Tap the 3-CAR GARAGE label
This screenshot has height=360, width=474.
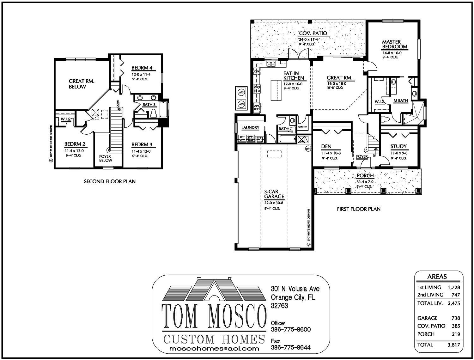click(274, 194)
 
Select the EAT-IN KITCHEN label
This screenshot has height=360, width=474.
click(294, 75)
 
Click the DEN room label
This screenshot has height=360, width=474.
click(326, 146)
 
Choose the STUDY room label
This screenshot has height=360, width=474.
click(398, 146)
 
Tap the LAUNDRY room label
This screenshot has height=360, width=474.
click(250, 128)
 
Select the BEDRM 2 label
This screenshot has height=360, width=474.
click(75, 144)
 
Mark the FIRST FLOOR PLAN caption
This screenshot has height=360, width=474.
click(359, 209)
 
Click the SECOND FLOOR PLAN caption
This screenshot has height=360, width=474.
click(110, 181)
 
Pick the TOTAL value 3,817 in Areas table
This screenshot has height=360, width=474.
click(453, 345)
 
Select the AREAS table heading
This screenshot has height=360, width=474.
click(437, 277)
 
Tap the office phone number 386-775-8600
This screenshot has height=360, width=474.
click(291, 329)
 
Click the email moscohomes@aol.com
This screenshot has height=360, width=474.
click(215, 349)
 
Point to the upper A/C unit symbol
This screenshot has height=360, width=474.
click(241, 93)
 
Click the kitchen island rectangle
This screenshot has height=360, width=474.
click(276, 90)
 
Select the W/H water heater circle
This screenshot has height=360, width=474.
click(308, 149)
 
